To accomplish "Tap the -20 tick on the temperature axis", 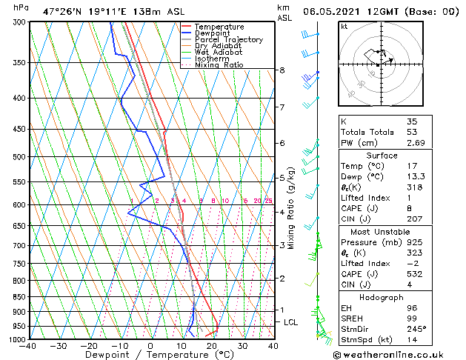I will (x=88, y=345).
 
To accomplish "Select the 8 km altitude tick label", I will (x=282, y=70).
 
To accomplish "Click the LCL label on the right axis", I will (x=291, y=322).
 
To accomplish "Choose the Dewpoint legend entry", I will (x=213, y=33).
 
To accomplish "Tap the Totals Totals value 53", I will (x=412, y=132).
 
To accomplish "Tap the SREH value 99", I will (x=412, y=318).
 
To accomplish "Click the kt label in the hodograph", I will (x=344, y=26).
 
